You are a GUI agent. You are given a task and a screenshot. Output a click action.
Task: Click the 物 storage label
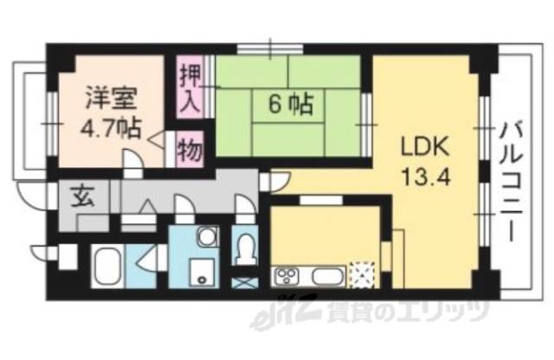[x=190, y=151]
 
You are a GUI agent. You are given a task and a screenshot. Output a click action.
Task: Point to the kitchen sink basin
[x=325, y=278]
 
